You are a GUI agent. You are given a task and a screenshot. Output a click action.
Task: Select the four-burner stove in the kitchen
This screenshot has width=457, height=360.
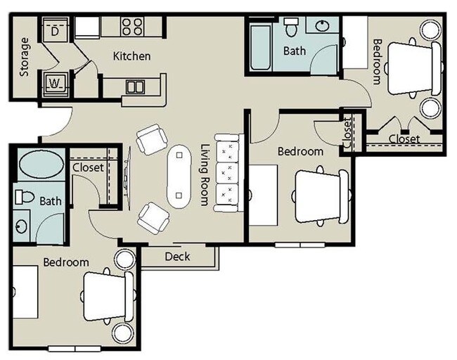tap(131, 27)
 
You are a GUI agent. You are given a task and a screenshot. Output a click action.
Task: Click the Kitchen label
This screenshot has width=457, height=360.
tap(131, 56)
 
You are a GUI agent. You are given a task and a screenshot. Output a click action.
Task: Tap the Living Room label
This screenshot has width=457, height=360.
tap(205, 175)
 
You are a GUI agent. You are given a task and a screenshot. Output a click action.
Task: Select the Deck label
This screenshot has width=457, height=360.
tap(177, 257)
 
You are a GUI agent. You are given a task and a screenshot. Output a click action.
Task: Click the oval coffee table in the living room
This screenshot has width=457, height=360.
tap(179, 176)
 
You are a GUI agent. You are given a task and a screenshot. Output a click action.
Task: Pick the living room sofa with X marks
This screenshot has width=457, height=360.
tap(228, 172)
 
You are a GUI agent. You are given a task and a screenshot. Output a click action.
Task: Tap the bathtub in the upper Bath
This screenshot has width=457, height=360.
tap(259, 46)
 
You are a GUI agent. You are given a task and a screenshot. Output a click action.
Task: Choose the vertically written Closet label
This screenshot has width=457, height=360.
tap(347, 133)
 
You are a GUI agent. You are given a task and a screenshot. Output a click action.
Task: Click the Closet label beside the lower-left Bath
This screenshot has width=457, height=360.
tap(88, 168)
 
